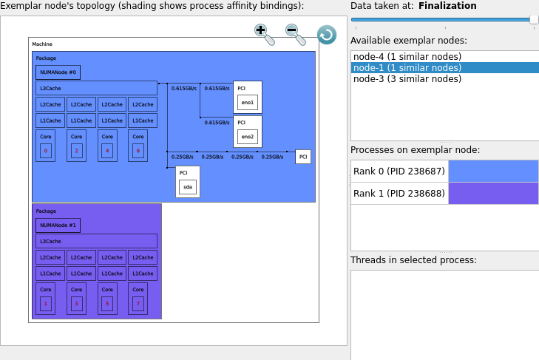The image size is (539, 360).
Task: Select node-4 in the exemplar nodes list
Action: [x=407, y=57]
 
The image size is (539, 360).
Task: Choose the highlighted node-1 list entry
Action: [x=407, y=68]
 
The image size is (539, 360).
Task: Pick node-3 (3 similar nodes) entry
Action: [x=407, y=79]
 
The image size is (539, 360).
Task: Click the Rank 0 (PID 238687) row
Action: [x=399, y=171]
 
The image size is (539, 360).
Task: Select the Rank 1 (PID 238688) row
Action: [x=399, y=193]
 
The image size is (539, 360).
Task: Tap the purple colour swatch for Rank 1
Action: [x=493, y=193]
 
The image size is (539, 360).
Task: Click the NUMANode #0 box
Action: [x=58, y=72]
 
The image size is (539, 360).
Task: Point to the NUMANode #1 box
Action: [x=58, y=225]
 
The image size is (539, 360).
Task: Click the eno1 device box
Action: [x=247, y=102]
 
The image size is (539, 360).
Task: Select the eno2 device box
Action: [x=247, y=137]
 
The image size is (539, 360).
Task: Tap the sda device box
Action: [x=187, y=187]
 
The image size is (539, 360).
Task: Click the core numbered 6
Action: [x=138, y=151]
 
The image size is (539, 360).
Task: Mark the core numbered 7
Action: [x=138, y=304]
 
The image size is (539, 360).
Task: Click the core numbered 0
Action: [x=45, y=151]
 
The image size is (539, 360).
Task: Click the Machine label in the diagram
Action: [x=42, y=44]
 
